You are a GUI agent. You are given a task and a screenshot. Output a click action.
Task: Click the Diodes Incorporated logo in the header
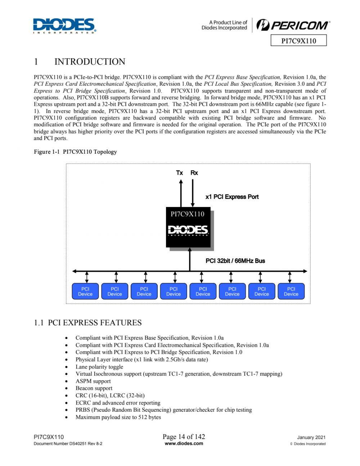click(64, 26)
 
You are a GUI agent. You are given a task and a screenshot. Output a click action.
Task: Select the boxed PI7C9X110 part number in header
click(298, 41)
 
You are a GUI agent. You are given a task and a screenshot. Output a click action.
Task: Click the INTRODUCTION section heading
click(90, 62)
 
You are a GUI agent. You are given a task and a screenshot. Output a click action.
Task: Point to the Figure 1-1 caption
click(75, 152)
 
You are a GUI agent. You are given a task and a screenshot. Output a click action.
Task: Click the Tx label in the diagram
click(179, 173)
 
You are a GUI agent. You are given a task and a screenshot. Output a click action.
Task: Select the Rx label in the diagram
click(194, 173)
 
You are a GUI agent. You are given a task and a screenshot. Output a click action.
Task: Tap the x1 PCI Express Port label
click(232, 197)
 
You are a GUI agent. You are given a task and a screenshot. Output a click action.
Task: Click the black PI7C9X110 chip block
click(188, 227)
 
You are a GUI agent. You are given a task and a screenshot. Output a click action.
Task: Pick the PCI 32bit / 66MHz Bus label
click(235, 261)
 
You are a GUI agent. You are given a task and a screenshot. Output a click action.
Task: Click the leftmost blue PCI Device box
click(85, 291)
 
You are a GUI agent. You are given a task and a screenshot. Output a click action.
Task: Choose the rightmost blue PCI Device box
click(291, 291)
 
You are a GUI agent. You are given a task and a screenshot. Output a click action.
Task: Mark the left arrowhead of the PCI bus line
click(75, 271)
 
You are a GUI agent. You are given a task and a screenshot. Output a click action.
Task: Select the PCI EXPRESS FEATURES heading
click(88, 322)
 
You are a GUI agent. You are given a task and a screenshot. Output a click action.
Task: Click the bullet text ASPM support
click(93, 381)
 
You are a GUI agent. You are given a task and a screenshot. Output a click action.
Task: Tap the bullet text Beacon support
click(94, 388)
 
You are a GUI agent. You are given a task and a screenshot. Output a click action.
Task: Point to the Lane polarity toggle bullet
click(99, 367)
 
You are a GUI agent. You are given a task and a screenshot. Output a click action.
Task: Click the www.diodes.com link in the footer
click(184, 443)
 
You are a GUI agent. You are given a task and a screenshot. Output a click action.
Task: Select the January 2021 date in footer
click(311, 438)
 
